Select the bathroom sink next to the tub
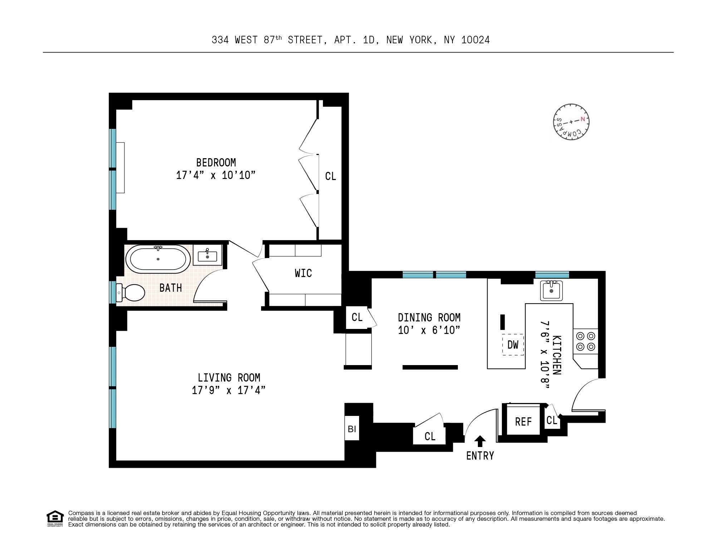click(x=207, y=256)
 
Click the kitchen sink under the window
click(x=551, y=290)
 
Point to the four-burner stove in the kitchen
click(x=586, y=341)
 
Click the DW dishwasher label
click(x=513, y=345)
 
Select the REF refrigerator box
click(x=523, y=422)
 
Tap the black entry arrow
click(x=480, y=441)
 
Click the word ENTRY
click(x=480, y=456)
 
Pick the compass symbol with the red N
click(x=571, y=122)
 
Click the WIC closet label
click(x=303, y=273)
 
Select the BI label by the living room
click(x=352, y=428)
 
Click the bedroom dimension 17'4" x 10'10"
click(x=216, y=175)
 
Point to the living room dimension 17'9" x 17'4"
click(x=229, y=390)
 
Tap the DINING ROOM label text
click(x=429, y=317)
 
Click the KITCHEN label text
click(x=557, y=355)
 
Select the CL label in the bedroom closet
click(x=330, y=176)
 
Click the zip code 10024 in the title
click(x=475, y=40)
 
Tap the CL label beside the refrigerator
click(x=552, y=420)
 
